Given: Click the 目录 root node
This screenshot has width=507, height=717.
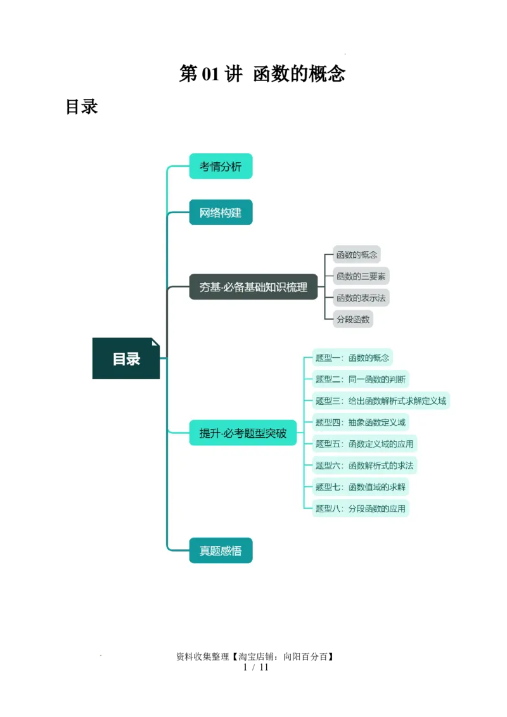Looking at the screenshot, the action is coord(125,358).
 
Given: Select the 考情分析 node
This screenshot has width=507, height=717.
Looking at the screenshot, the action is coord(221,167).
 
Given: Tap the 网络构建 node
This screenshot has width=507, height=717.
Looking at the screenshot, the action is coord(221,212).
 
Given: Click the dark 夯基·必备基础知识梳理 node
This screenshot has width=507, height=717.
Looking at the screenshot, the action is coord(253,287).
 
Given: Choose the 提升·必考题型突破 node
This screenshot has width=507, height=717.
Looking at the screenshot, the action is coord(243,433).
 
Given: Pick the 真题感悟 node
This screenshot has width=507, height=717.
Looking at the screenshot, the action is coord(221,550).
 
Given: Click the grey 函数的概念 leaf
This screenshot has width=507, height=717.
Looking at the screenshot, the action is coord(357,255).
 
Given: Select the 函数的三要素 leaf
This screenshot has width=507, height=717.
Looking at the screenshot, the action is coord(361,276).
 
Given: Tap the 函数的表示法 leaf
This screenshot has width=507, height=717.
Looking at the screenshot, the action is coord(361,298).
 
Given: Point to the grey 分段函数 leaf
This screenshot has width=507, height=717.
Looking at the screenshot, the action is coord(353,319).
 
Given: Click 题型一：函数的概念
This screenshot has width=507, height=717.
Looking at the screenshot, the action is coord(352,358).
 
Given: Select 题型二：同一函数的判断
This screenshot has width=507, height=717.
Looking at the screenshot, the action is coord(361,379).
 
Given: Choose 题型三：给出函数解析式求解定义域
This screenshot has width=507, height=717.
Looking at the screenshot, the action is coord(381,401).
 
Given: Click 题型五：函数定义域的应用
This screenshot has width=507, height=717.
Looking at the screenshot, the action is coord(365,444).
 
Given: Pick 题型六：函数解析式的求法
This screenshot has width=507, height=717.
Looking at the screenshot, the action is coord(364,466).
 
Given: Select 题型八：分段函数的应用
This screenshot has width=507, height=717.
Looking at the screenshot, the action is coord(361,509).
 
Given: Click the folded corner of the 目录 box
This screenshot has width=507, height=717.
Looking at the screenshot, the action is coord(155,342).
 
